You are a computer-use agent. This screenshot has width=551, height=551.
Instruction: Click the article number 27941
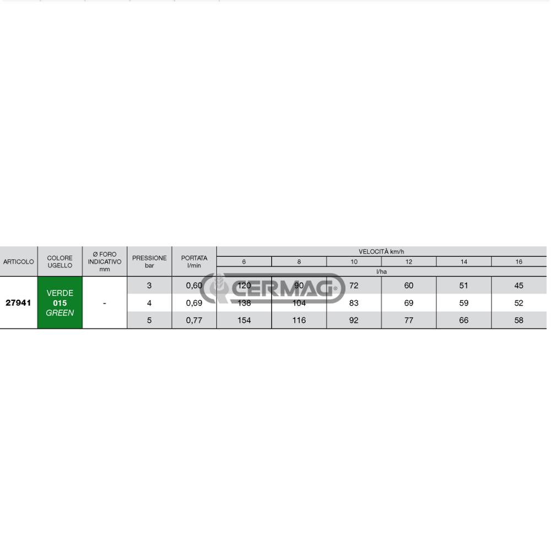[x=18, y=302]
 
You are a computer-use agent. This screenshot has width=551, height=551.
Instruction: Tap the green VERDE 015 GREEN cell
[x=60, y=302]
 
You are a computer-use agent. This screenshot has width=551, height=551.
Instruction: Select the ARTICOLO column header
[x=19, y=261]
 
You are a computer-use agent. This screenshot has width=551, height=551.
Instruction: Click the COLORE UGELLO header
[x=60, y=261]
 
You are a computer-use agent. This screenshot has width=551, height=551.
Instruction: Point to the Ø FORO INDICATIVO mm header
[x=104, y=261]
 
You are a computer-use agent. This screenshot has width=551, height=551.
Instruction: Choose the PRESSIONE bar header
[x=149, y=261]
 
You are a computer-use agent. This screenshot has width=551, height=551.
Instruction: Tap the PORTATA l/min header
[x=194, y=261]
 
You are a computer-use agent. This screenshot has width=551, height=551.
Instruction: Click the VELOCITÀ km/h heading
[x=381, y=252]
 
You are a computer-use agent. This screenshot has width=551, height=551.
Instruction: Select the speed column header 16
[x=518, y=261]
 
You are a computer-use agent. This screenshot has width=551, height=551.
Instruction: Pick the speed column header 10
[x=354, y=261]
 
